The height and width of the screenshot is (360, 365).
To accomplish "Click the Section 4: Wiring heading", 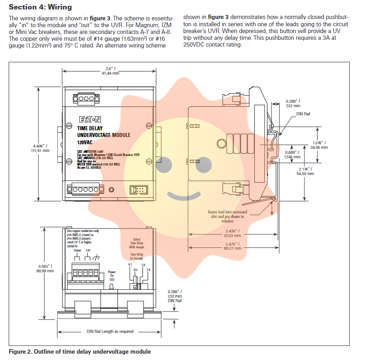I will click(41, 8).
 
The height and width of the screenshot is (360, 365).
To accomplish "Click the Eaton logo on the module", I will click(90, 119).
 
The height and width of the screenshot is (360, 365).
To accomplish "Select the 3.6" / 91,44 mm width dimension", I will click(110, 70).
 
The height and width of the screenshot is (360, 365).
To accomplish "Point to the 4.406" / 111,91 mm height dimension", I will click(41, 148).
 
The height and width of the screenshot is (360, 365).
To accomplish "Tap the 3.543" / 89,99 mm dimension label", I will click(45, 268).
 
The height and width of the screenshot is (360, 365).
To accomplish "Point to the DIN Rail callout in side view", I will click(303, 114).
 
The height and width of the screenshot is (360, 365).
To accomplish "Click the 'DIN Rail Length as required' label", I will click(110, 331).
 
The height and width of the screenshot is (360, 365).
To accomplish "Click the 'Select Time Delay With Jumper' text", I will click(137, 243).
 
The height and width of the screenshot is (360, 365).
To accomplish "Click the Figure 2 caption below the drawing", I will click(80, 351).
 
